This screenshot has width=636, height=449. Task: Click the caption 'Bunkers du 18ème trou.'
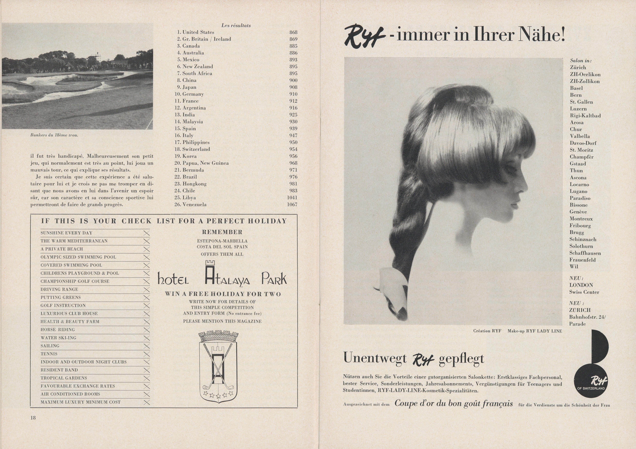[x=54, y=135]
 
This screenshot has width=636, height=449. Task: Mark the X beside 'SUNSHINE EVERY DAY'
[x=147, y=233]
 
